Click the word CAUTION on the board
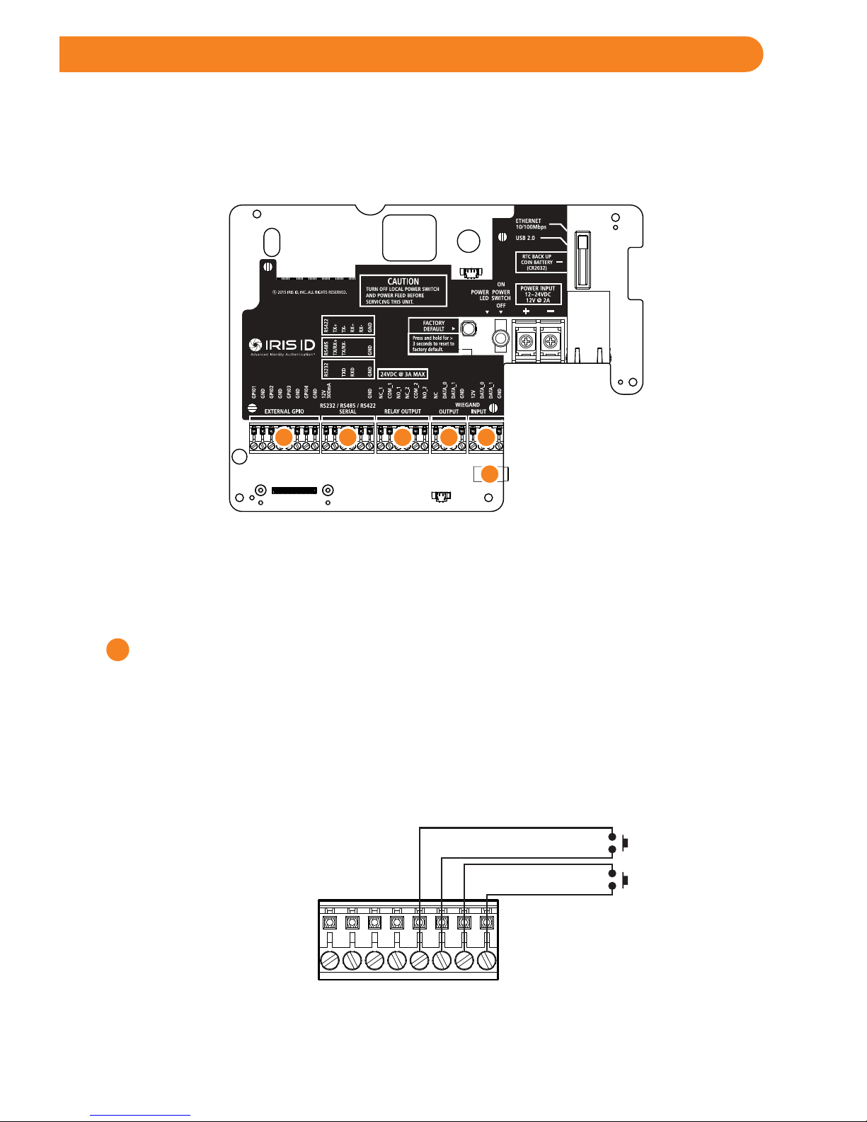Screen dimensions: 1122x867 pos(403,281)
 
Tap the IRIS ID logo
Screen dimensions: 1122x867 pos(282,345)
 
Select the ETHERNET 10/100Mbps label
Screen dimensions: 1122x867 pos(531,224)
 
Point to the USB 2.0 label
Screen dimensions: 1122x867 pos(525,238)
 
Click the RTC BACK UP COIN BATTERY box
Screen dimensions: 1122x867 pos(539,262)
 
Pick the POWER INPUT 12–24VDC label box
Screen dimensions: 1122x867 pos(538,294)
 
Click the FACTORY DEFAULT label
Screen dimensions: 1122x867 pos(434,326)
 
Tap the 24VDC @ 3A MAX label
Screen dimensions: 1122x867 pos(403,374)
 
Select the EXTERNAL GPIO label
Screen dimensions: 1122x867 pos(284,411)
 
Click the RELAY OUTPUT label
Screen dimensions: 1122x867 pos(402,411)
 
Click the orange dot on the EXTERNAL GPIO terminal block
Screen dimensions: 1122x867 pos(283,437)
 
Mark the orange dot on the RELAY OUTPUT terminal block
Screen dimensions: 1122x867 pos(403,437)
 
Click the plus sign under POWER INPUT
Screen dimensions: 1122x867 pos(526,311)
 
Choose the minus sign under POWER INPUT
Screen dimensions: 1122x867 pos(551,311)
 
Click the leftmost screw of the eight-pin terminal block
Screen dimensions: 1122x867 pos(330,961)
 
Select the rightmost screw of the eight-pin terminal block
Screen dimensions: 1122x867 pos(486,961)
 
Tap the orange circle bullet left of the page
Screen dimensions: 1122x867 pos(117,650)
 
